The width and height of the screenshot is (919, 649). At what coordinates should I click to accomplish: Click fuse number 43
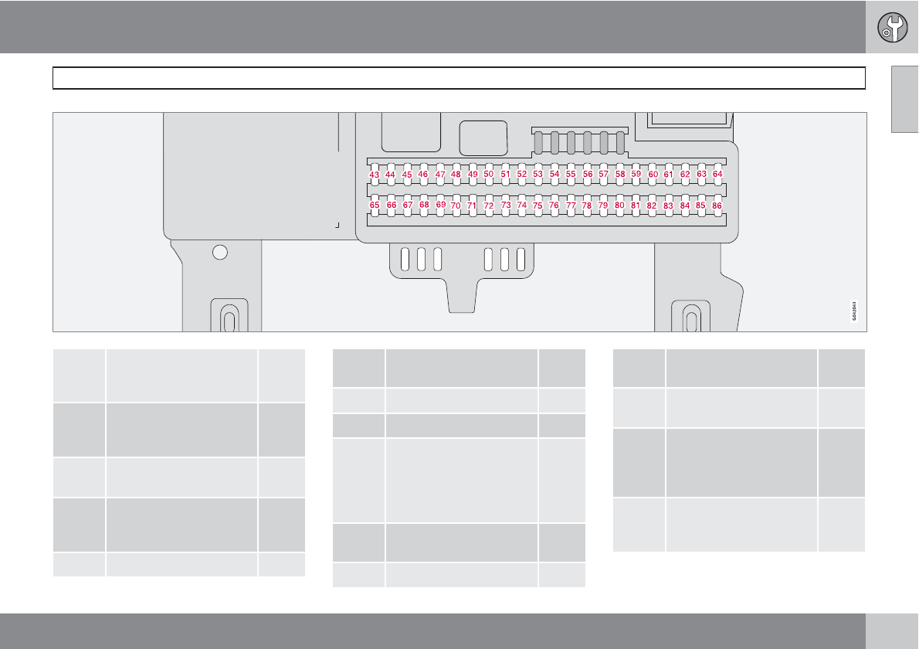pos(375,175)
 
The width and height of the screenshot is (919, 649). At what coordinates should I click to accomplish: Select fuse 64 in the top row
pos(717,175)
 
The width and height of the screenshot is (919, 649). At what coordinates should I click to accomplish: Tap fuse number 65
pos(375,206)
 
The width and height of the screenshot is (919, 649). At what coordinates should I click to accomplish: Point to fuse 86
pos(717,206)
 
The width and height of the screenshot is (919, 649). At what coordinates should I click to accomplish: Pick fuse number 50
pos(489,175)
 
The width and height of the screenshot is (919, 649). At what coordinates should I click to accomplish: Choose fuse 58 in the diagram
pos(620,175)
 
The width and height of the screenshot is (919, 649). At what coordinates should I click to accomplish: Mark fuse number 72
pos(489,206)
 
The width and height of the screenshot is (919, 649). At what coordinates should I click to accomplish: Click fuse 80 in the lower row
pos(619,206)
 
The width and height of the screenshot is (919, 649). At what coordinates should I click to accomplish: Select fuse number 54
pos(554,175)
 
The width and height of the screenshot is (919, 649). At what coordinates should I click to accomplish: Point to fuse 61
pos(669,175)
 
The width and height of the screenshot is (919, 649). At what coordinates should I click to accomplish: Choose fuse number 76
pos(554,206)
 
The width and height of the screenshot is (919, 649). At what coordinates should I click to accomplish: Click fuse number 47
pos(440,175)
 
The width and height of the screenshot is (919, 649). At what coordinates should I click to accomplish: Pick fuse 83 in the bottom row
pos(669,206)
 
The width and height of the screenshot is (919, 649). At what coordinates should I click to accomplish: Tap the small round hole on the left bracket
pos(220,252)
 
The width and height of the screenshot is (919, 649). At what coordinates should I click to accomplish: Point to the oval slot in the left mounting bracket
pos(229,319)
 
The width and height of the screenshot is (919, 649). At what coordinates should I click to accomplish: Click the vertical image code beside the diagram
pos(854,311)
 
